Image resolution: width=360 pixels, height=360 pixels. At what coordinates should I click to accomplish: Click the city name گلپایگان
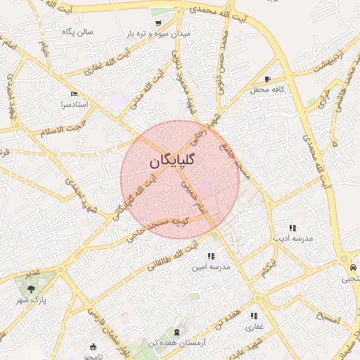point(172,160)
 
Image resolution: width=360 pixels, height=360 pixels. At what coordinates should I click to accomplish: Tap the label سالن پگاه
point(76,32)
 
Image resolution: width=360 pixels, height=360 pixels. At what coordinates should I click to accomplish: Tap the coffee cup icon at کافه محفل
point(267,79)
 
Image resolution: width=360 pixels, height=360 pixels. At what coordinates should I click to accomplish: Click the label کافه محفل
point(269,90)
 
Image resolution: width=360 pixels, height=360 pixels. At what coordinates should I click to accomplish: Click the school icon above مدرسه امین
point(211,257)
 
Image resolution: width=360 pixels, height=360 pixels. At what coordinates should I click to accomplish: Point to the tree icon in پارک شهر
point(30,288)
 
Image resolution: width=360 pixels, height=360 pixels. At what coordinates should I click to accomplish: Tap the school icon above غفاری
point(253,316)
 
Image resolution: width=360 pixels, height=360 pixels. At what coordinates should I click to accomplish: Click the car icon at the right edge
point(353,267)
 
